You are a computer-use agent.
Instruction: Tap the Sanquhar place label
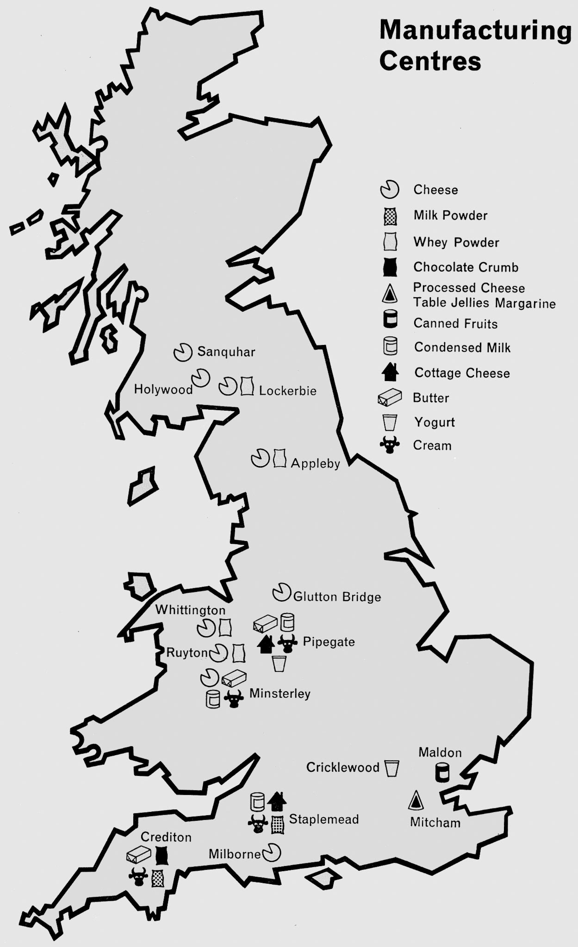pyautogui.click(x=226, y=352)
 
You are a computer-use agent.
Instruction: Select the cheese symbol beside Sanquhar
pyautogui.click(x=183, y=352)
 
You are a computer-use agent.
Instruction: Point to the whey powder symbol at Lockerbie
pyautogui.click(x=247, y=386)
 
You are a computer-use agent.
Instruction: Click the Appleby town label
pyautogui.click(x=316, y=463)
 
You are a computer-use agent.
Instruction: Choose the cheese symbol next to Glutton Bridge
pyautogui.click(x=281, y=592)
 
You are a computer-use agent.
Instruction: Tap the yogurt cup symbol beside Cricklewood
pyautogui.click(x=392, y=768)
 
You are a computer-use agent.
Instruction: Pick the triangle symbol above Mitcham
pyautogui.click(x=416, y=800)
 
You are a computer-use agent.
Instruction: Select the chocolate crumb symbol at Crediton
pyautogui.click(x=161, y=856)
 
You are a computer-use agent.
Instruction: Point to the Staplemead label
pyautogui.click(x=324, y=819)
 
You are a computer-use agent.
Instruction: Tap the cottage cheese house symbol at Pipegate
pyautogui.click(x=266, y=644)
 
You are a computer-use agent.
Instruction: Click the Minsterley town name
pyautogui.click(x=280, y=694)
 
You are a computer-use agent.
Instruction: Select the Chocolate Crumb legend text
pyautogui.click(x=466, y=267)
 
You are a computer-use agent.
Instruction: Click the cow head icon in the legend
pyautogui.click(x=390, y=445)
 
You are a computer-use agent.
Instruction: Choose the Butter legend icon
pyautogui.click(x=390, y=398)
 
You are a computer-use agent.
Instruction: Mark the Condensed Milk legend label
pyautogui.click(x=462, y=347)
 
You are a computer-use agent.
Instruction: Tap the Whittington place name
pyautogui.click(x=190, y=610)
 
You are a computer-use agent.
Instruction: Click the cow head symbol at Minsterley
pyautogui.click(x=234, y=699)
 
